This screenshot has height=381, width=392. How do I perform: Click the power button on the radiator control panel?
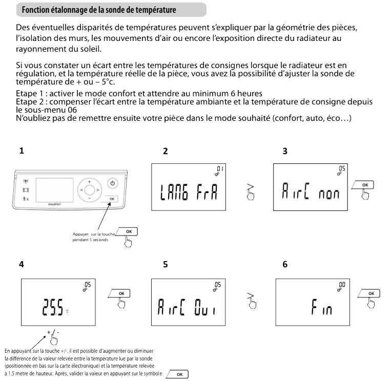click(113, 183)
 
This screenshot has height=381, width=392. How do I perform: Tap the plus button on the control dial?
click(90, 182)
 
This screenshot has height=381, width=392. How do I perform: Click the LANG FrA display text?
click(189, 192)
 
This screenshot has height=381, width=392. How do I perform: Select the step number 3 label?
click(285, 151)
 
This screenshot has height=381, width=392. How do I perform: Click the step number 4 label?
click(22, 264)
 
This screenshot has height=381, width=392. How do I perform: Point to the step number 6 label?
click(285, 264)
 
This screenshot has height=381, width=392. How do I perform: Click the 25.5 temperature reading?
click(53, 307)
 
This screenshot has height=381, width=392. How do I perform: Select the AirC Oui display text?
click(187, 307)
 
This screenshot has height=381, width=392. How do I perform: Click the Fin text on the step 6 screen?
click(321, 307)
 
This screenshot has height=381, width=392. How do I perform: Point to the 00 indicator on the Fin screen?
click(342, 284)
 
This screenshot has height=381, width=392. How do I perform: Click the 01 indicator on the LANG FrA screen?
click(220, 168)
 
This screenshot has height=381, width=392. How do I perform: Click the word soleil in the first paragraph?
click(91, 49)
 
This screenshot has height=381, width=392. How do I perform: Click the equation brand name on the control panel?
click(54, 204)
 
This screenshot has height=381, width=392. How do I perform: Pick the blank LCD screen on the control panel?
click(55, 190)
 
